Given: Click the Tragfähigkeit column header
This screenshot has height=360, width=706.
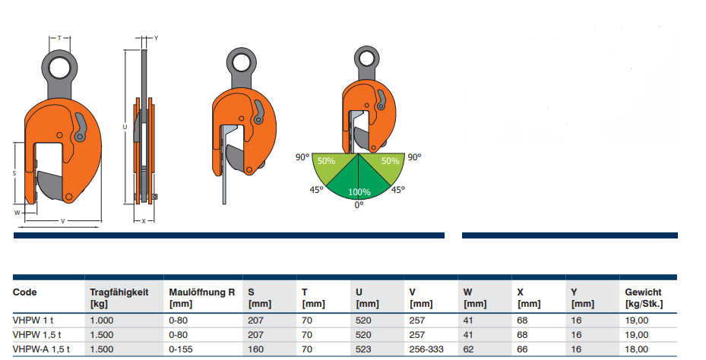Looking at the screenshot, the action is pyautogui.click(x=119, y=298).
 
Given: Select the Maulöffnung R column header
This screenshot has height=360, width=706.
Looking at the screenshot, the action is pyautogui.click(x=201, y=298).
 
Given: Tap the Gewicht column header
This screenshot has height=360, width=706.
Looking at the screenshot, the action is pyautogui.click(x=644, y=298).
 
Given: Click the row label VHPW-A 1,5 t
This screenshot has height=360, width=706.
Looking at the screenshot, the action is pyautogui.click(x=41, y=349).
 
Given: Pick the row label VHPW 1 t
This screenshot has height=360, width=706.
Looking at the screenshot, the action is pyautogui.click(x=33, y=321).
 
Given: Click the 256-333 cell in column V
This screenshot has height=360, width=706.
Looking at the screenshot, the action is pyautogui.click(x=426, y=349).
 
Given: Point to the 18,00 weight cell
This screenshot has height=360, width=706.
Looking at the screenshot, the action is pyautogui.click(x=637, y=349).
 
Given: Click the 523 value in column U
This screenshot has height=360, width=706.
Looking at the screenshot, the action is pyautogui.click(x=363, y=349).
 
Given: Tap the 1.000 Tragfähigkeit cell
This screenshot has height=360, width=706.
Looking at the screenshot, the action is pyautogui.click(x=102, y=321).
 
